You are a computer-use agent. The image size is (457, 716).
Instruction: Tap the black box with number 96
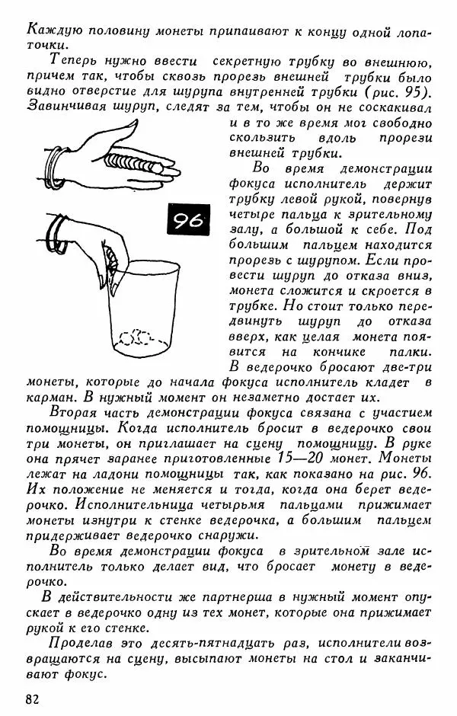click(x=186, y=220)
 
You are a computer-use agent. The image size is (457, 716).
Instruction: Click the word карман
click(x=52, y=397)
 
